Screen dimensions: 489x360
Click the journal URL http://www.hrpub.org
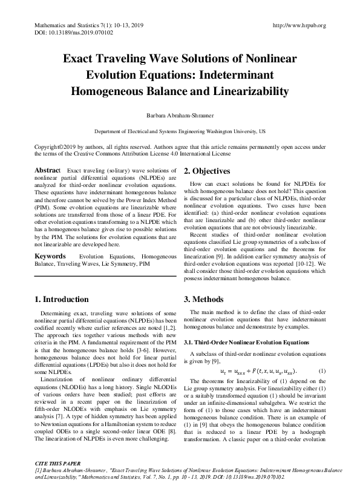point(299,25)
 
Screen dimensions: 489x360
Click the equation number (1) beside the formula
point(322,370)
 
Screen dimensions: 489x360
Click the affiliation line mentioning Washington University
point(180,131)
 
